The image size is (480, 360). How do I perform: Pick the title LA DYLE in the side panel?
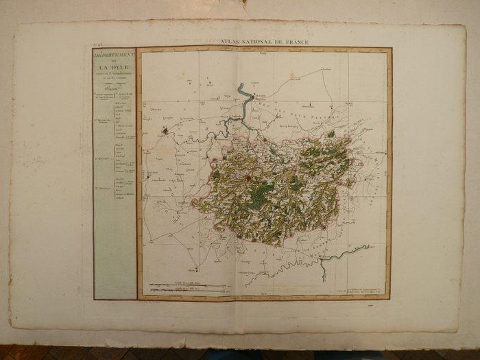114,68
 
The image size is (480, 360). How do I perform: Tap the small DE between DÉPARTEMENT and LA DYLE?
114,60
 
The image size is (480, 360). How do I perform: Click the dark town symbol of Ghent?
165,130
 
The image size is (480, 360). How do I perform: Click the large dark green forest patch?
259,195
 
